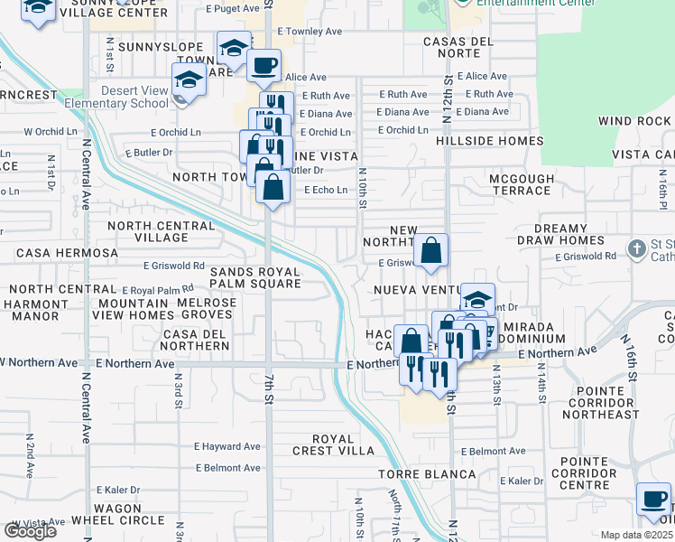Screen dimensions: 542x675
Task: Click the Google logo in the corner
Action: coord(30,531)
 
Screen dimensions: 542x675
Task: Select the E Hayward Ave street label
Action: coord(227,446)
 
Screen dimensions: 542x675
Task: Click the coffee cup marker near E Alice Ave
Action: coord(264,64)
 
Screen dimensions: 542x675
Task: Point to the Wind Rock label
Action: coord(633,121)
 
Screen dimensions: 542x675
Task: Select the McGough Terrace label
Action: coord(522,184)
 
